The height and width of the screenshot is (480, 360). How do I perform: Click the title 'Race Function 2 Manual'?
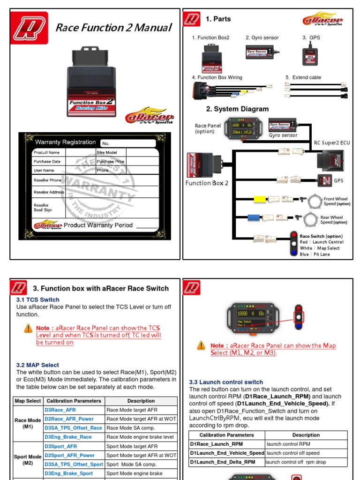point(113,28)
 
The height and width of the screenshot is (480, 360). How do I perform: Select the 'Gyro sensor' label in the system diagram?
point(283,135)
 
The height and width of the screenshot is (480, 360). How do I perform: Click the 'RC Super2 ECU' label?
point(332,142)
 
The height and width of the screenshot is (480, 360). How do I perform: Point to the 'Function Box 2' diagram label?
point(207,183)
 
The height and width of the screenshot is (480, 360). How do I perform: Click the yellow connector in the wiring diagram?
point(260,199)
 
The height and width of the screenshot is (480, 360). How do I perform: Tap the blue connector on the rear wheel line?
point(255,217)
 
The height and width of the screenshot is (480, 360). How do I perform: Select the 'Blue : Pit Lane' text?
point(315,254)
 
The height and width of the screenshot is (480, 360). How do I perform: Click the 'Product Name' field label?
point(46,152)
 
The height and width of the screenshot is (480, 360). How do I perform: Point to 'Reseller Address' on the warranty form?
point(49,192)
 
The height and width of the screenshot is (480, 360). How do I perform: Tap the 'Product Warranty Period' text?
point(98,225)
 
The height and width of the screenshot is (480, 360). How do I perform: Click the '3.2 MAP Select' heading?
point(37,365)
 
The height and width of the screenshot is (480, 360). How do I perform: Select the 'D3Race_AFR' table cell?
point(60,410)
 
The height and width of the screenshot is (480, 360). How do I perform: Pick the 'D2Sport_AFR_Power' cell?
point(69,455)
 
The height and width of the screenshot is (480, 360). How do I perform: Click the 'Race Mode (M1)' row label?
point(28,423)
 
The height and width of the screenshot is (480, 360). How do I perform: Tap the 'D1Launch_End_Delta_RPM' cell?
point(223,462)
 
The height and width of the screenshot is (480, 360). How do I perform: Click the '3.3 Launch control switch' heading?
point(226,382)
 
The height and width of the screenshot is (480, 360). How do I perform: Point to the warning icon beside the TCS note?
point(28,328)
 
